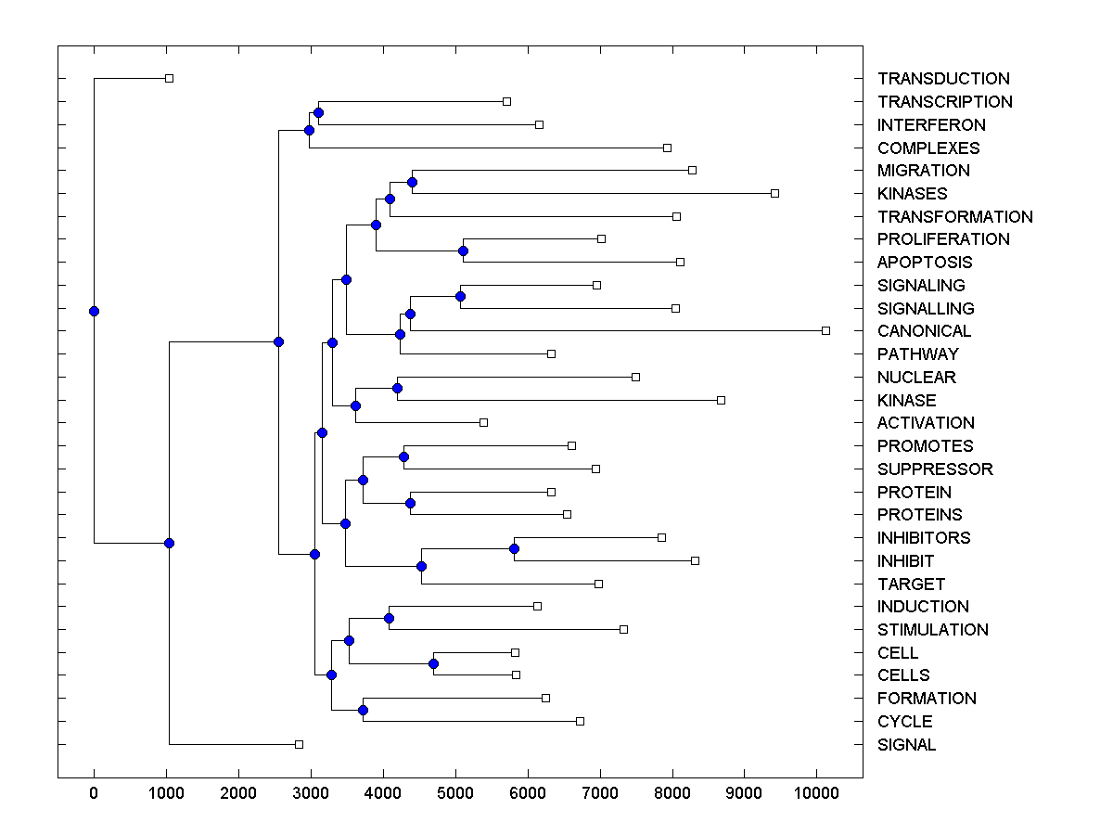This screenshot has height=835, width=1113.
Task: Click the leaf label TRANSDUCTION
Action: [943, 79]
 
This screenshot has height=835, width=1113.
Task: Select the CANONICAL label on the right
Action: [924, 331]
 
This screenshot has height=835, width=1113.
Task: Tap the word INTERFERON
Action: [931, 124]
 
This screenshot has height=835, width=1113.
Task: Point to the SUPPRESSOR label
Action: [935, 469]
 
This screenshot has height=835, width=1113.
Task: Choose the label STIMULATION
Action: [932, 630]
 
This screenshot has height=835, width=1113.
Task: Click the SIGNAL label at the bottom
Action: [906, 745]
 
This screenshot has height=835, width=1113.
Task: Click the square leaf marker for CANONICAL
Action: [825, 330]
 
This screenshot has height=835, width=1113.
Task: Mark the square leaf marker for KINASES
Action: [774, 193]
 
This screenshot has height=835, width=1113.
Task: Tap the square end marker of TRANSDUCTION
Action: [169, 78]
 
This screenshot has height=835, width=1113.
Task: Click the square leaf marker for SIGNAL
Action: [299, 744]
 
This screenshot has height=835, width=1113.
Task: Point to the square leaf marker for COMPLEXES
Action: [667, 148]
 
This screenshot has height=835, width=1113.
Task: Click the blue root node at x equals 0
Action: [94, 311]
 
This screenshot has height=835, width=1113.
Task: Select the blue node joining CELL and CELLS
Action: [433, 663]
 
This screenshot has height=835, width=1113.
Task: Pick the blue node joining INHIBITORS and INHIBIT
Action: [514, 548]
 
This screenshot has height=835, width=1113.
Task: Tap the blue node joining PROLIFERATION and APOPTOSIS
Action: [463, 250]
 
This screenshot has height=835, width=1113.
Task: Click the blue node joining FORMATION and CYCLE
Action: [363, 710]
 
